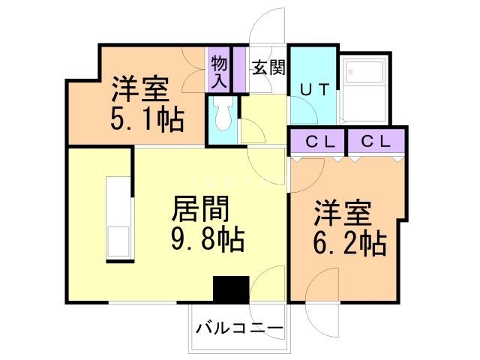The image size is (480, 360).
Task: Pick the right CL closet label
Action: [x=376, y=140]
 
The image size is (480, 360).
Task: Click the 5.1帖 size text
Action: [x=148, y=119]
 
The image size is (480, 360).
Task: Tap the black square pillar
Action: [x=230, y=289]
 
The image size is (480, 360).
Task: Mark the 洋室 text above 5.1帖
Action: [x=140, y=88]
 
